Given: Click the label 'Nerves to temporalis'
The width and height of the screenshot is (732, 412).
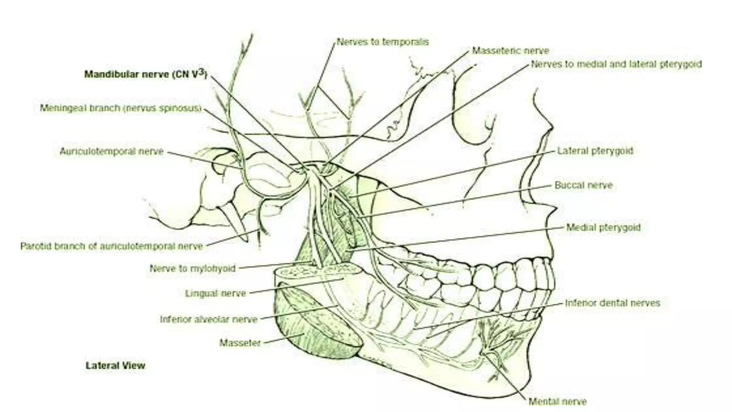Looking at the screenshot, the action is (382, 42).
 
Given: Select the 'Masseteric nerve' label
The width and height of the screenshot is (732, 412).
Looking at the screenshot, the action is (510, 51).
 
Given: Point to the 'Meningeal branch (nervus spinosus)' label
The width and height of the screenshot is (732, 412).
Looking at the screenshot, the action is (121, 108).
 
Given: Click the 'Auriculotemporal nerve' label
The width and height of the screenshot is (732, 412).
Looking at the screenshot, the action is (112, 152).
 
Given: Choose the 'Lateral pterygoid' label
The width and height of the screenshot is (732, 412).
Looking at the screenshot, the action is (595, 151).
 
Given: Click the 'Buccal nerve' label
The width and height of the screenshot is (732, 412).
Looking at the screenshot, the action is (583, 185).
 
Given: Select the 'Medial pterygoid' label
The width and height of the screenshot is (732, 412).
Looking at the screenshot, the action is (604, 227).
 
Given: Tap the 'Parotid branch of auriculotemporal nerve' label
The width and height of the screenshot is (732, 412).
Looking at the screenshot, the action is (112, 246).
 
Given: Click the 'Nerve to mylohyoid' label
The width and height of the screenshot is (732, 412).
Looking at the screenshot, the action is (192, 268).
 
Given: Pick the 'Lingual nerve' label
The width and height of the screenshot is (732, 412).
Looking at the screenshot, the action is (216, 294).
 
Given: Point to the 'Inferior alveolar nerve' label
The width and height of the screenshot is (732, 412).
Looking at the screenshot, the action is (209, 319).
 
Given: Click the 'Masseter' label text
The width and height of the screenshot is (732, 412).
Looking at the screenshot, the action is (240, 343).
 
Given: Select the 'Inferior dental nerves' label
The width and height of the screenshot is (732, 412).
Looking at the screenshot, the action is (612, 303).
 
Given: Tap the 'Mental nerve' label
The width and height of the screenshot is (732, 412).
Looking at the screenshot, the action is (558, 402).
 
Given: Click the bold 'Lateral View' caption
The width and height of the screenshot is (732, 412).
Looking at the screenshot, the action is (115, 366).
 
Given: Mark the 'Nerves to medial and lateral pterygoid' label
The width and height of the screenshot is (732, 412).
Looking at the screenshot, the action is (616, 64).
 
